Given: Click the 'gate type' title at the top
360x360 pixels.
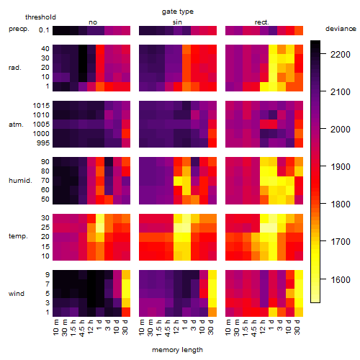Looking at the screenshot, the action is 178,12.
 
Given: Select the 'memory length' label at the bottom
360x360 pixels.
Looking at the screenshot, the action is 177,350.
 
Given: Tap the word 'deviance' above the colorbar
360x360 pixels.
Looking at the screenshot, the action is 341,29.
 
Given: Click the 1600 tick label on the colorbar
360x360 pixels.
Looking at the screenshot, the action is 340,279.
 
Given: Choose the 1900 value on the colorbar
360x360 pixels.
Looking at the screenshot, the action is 340,167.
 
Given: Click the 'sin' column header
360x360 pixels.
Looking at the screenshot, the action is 177,22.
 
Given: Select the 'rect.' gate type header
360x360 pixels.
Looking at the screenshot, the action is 261,22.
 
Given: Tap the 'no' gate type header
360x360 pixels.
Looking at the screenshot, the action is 93,22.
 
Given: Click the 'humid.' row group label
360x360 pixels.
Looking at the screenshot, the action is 20,181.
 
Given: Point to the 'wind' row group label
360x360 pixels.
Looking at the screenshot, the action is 17,294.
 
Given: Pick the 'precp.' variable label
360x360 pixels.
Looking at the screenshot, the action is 19,30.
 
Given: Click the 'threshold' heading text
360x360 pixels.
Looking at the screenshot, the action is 40,17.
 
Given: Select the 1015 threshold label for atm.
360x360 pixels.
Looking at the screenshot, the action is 41,106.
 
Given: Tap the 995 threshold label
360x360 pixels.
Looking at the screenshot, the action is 43,143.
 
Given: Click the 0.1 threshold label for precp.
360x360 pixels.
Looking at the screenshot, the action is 44,30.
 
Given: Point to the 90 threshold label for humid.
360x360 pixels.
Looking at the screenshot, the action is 45,162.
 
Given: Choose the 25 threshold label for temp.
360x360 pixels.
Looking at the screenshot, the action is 45,228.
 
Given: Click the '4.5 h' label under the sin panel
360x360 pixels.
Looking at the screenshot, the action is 167,328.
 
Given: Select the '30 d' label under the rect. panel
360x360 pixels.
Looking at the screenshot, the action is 297,328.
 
